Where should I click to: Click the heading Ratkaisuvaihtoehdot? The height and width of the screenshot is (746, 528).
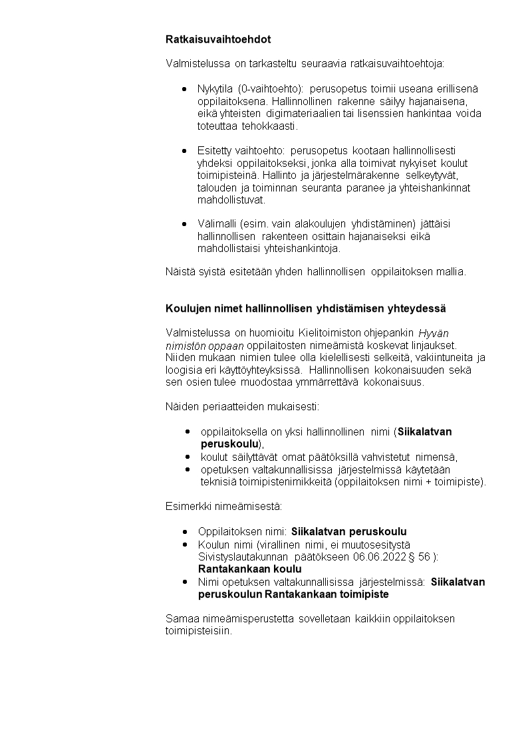(x=217, y=40)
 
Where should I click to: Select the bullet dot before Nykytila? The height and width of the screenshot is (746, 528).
(x=184, y=89)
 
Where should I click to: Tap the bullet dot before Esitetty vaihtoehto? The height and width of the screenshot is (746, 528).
(x=184, y=151)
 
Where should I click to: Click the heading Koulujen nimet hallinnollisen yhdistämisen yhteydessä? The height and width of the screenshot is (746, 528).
(x=305, y=309)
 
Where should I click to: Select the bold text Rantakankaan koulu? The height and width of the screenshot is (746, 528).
(x=249, y=569)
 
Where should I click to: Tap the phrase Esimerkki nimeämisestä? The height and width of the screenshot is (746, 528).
(x=223, y=507)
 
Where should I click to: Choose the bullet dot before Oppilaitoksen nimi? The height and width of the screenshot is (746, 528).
(x=184, y=532)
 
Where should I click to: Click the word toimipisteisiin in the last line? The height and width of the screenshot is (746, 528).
(x=198, y=631)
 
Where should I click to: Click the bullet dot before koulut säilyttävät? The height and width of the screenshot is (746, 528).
(x=188, y=457)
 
